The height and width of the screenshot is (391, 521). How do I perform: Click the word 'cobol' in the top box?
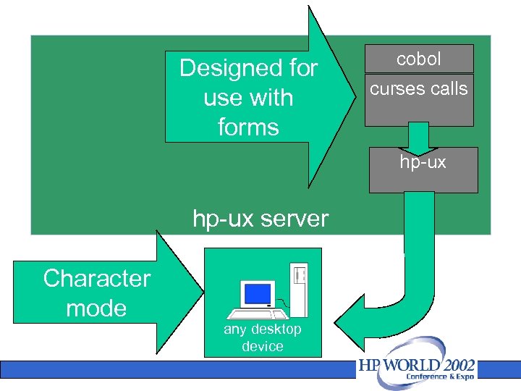pos(419,59)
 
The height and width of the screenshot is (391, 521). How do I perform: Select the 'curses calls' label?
pos(419,89)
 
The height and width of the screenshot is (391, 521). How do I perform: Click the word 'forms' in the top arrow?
pos(248,127)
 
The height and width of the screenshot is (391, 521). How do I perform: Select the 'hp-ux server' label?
pos(260,219)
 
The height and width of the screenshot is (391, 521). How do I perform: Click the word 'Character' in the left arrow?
pos(96,278)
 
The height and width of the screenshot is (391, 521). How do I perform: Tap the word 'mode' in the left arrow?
pos(96,308)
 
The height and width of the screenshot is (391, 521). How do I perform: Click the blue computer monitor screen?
pos(257,293)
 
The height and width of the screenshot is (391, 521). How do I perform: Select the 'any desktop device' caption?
pos(262,338)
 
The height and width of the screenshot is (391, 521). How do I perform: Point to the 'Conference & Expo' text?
pos(440,377)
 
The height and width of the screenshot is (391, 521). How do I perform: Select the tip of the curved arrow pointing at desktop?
pos(342,322)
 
